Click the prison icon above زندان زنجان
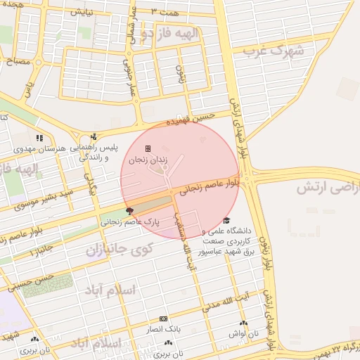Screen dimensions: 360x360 (x=148, y=149)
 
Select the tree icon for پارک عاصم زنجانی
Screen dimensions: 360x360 (x=129, y=210)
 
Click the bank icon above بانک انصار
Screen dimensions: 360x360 (x=164, y=319)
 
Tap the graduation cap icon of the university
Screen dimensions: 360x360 (x=226, y=221)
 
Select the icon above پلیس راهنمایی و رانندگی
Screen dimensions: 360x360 (x=94, y=137)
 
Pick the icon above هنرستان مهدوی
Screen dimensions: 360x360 (x=39, y=138)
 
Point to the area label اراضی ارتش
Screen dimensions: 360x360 (x=327, y=188)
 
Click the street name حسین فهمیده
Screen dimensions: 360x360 (x=189, y=121)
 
